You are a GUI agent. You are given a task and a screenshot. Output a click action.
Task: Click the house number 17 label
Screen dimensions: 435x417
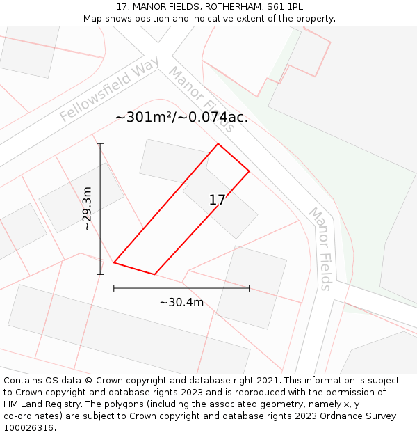(x=217, y=200)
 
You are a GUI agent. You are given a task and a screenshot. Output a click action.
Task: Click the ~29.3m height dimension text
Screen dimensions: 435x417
(x=87, y=209)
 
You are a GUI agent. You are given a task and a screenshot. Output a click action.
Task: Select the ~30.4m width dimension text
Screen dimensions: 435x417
(x=181, y=302)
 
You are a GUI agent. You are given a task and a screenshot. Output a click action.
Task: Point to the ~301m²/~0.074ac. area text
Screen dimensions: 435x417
(x=181, y=118)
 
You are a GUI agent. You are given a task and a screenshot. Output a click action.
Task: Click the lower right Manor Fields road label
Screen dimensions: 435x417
(x=320, y=248)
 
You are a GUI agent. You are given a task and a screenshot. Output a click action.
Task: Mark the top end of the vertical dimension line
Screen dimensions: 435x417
(x=100, y=144)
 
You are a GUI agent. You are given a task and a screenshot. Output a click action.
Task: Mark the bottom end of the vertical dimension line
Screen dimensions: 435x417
(x=100, y=274)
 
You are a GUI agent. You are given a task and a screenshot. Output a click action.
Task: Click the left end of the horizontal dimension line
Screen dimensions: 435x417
(x=114, y=287)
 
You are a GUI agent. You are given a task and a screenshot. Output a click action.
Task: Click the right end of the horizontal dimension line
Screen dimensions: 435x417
(x=249, y=287)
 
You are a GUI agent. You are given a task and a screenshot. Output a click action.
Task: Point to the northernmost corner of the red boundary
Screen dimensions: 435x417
(x=218, y=144)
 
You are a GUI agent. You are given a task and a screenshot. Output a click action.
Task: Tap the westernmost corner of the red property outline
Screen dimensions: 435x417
(x=114, y=262)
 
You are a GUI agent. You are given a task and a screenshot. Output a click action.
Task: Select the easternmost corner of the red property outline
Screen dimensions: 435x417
(x=249, y=171)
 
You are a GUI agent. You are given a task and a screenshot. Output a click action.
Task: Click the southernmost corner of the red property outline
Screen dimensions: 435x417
(x=154, y=274)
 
